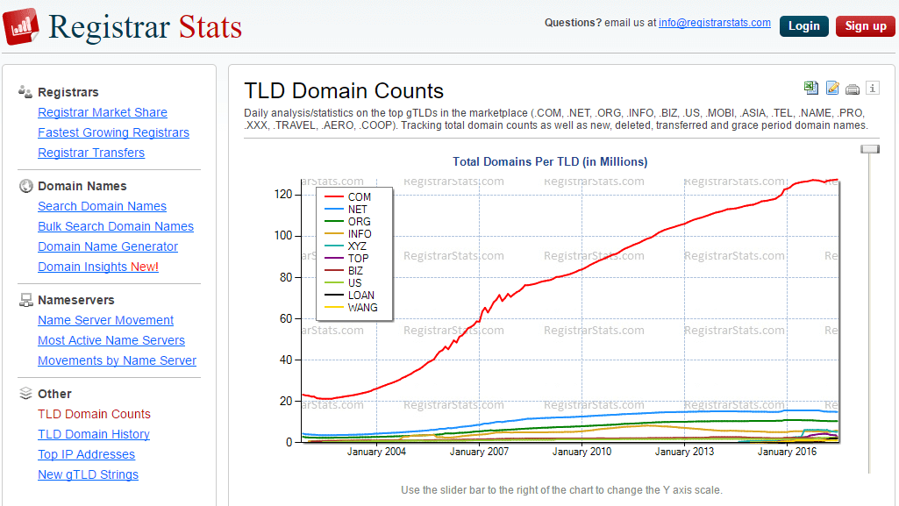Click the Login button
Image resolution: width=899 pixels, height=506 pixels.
[x=803, y=26]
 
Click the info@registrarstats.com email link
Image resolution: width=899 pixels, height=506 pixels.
[x=715, y=23]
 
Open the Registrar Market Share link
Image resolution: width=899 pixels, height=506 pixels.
[x=103, y=112]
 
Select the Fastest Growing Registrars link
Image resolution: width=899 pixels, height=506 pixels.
[x=113, y=132]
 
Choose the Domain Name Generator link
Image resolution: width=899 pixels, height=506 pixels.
[x=108, y=246]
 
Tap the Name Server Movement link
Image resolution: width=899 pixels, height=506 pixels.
[x=105, y=320]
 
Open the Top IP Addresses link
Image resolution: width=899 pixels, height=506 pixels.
[x=86, y=454]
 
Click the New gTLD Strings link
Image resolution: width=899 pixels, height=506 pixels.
[x=88, y=474]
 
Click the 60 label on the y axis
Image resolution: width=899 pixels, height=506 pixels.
[x=284, y=318]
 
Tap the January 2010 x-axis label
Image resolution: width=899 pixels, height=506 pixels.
[x=582, y=452]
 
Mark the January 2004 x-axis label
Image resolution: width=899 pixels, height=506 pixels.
[x=377, y=452]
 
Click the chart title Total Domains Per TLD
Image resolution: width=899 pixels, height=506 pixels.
[x=550, y=161]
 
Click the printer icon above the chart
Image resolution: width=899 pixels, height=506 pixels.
[x=853, y=88]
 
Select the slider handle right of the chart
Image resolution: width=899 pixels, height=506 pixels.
[x=869, y=149]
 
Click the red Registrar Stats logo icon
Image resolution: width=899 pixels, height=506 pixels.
[x=21, y=26]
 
